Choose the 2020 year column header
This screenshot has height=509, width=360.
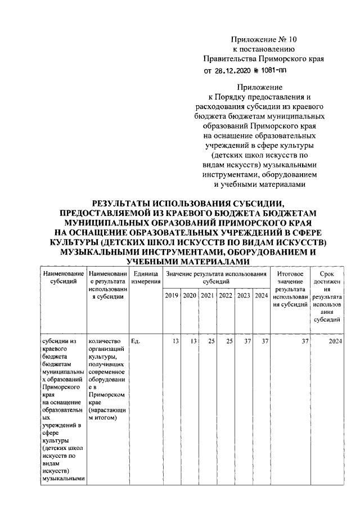[190, 295]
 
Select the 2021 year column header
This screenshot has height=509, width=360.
[208, 295]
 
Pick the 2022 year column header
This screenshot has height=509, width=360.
[226, 295]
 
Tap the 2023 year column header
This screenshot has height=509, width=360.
[244, 295]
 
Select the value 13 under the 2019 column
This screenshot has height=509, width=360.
[175, 341]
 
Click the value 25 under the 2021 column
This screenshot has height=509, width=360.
[211, 341]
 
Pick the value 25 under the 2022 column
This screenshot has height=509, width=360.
[229, 341]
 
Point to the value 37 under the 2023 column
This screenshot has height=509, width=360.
[247, 341]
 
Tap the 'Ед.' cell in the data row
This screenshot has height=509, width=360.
[135, 341]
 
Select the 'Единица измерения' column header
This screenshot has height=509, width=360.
[145, 277]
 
